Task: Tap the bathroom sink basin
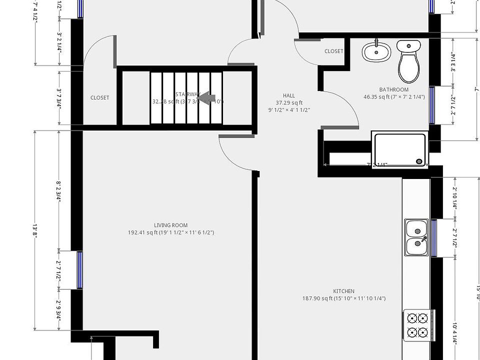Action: click(x=376, y=52)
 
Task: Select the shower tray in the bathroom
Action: click(x=399, y=148)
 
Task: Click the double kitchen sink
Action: click(x=416, y=237)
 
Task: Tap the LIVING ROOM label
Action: click(x=171, y=225)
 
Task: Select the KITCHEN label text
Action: click(x=344, y=291)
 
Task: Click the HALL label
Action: click(x=289, y=95)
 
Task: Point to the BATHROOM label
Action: click(x=394, y=90)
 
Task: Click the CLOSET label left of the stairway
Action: click(x=99, y=98)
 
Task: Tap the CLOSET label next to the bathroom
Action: click(x=334, y=51)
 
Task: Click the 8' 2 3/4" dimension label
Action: click(x=59, y=190)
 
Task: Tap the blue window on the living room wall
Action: click(x=79, y=270)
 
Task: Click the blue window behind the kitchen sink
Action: click(x=434, y=237)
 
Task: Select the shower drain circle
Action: click(x=419, y=161)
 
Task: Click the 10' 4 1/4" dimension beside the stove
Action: click(x=454, y=331)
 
